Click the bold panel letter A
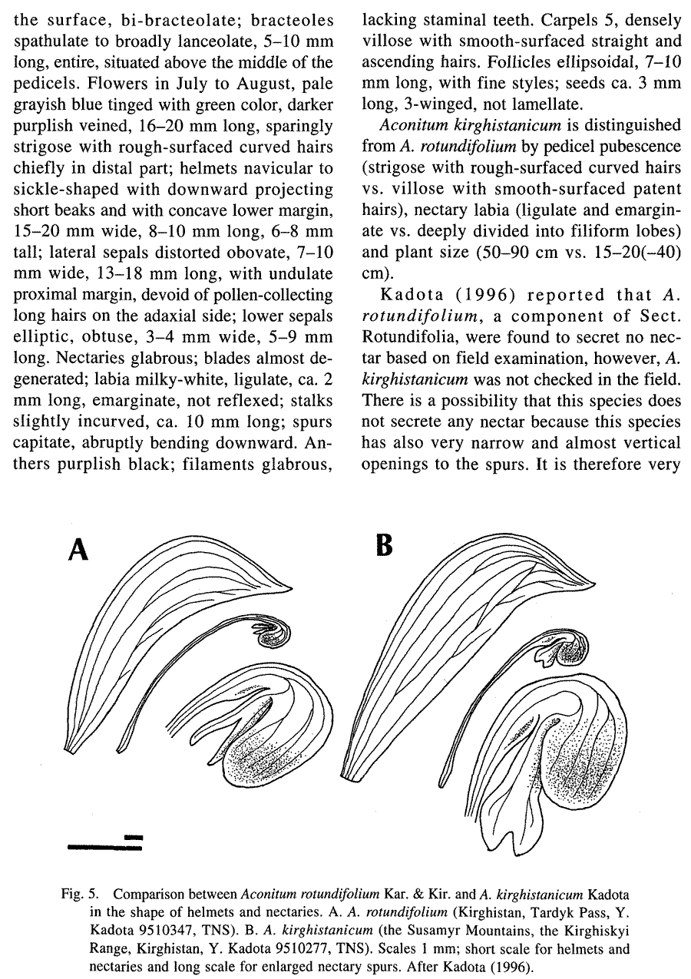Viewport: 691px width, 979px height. click(79, 550)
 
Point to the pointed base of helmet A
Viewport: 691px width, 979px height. click(72, 752)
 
